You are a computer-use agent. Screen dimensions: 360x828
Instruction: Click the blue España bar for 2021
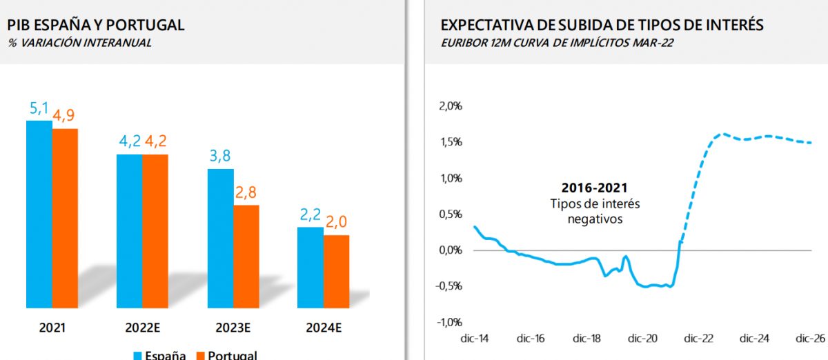[x=39, y=214]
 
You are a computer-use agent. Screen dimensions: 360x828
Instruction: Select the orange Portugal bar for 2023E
[x=246, y=256]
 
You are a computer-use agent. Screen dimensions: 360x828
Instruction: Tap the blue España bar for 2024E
[x=310, y=267]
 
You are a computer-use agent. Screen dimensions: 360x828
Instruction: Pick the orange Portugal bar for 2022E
[x=155, y=231]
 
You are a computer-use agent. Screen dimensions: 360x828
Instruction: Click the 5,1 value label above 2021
[x=39, y=108]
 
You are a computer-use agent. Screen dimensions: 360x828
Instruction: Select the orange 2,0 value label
[x=337, y=222]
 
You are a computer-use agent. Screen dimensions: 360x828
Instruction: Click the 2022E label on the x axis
[x=142, y=328]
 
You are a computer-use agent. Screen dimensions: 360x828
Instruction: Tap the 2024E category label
[x=324, y=328]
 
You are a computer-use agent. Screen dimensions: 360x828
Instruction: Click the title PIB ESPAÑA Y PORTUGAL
[x=96, y=26]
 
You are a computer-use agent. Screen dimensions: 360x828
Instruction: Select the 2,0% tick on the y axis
[x=449, y=106]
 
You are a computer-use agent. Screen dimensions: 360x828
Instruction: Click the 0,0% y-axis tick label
[x=449, y=250]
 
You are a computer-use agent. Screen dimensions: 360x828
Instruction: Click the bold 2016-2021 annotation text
[x=595, y=188]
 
